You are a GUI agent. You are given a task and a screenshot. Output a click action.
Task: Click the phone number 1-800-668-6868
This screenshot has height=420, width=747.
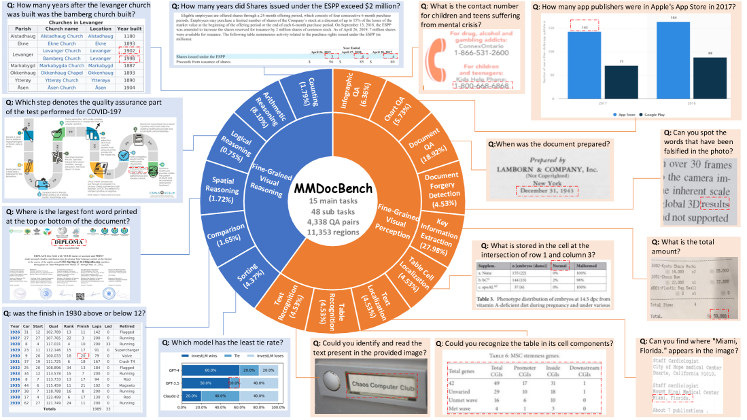click(x=483, y=86)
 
